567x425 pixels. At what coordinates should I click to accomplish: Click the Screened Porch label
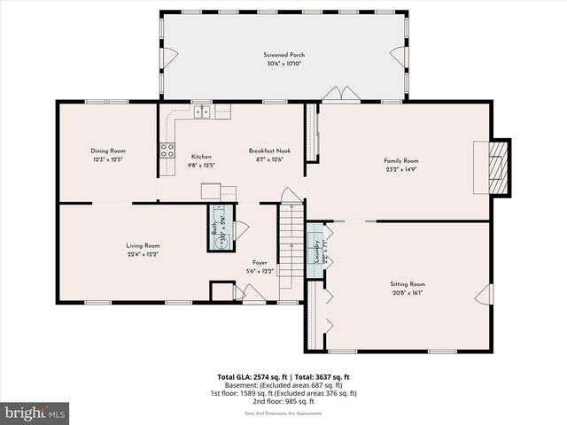pos(283,56)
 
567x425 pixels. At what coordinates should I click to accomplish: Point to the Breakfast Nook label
pos(269,151)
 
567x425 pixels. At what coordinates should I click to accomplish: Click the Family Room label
pos(400,160)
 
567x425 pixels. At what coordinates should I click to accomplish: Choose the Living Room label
pos(142,245)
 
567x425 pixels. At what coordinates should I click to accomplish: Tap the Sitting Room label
pos(408,284)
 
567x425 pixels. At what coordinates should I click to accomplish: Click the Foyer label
pos(260,262)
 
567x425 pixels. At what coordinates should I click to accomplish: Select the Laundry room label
pos(315,251)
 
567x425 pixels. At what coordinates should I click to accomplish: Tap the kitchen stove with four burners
pos(167,150)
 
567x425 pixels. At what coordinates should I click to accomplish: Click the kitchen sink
pos(203,112)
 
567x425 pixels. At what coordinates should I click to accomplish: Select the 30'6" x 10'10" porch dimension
pos(283,65)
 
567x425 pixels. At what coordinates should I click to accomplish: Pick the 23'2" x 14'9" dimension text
pos(400,169)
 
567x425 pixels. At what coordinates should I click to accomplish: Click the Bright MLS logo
pos(35,413)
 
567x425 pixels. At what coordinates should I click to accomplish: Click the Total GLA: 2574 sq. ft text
pos(250,377)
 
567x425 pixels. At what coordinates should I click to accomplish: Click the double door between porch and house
pos(340,95)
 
